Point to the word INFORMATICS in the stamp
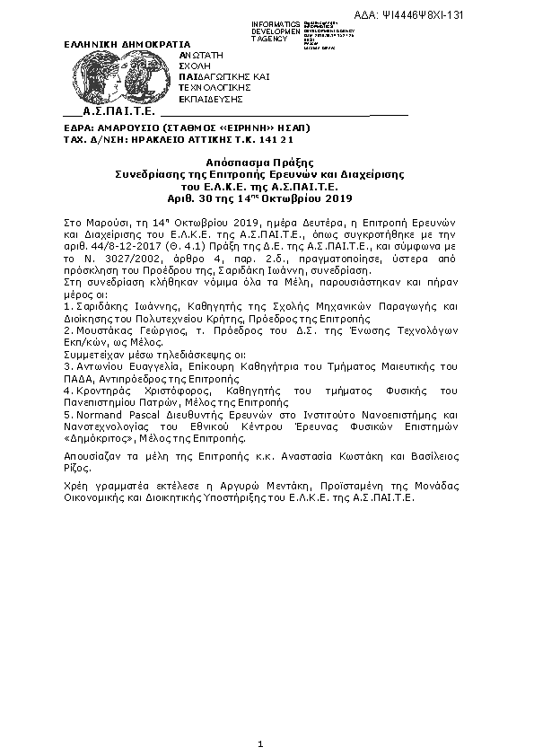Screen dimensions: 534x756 (x=276, y=23)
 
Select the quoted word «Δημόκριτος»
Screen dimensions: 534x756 (x=97, y=439)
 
